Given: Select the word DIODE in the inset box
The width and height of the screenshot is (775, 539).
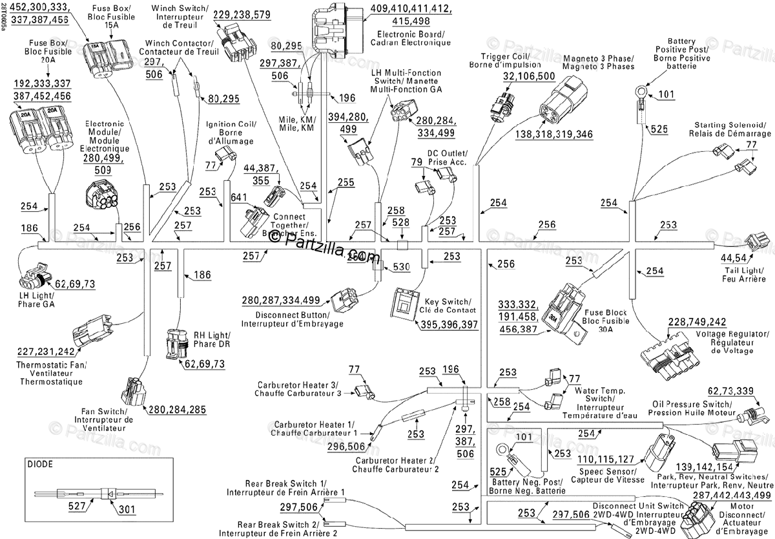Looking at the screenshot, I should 41,464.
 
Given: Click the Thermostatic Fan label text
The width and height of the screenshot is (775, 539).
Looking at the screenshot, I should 51,373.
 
